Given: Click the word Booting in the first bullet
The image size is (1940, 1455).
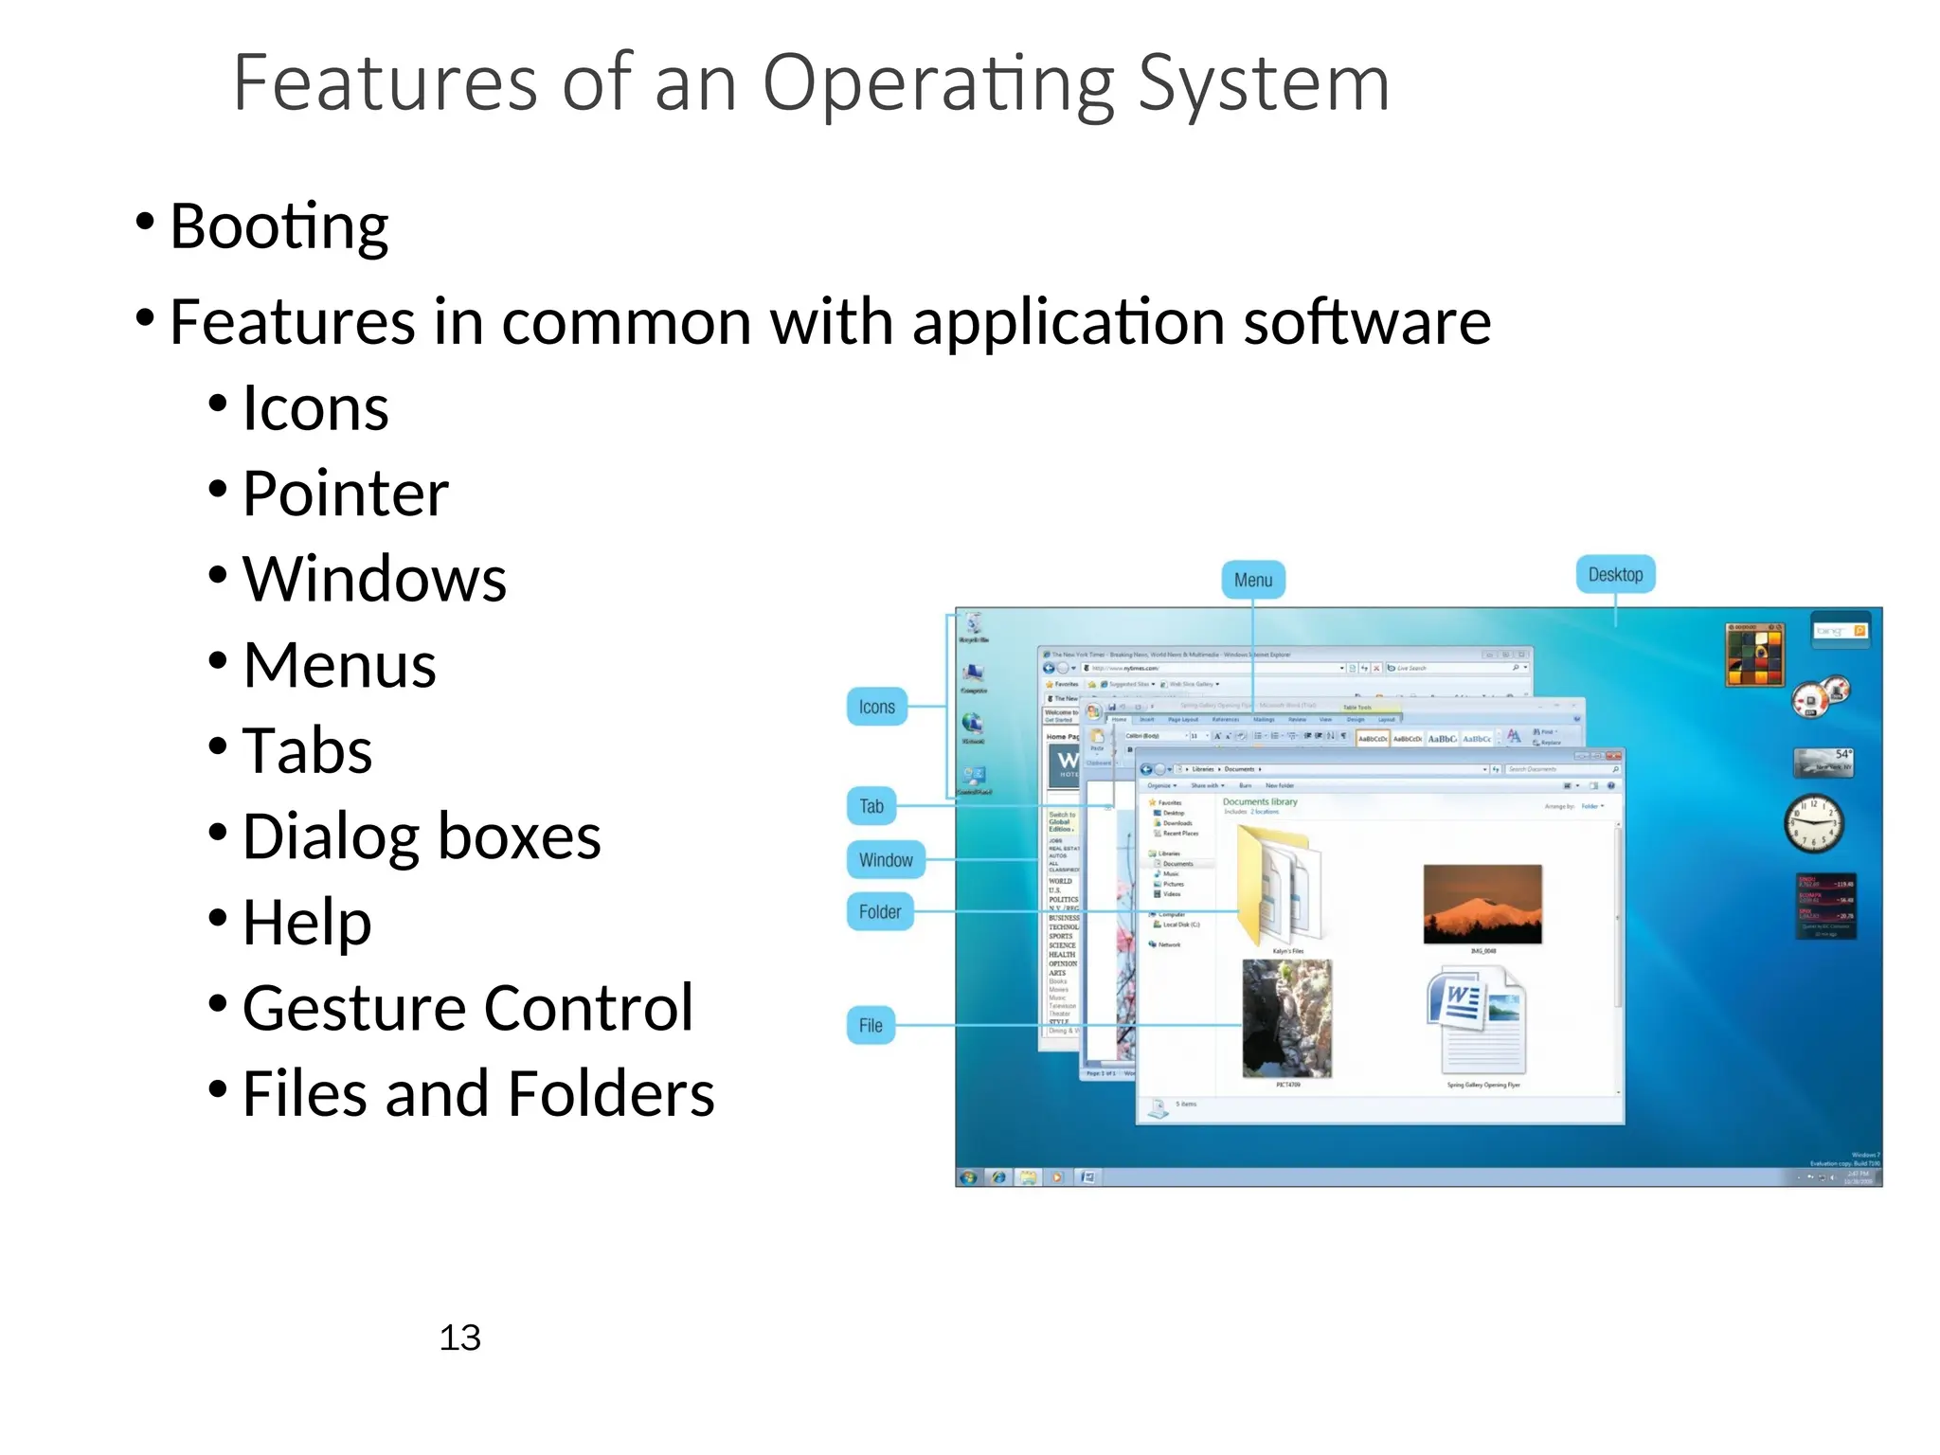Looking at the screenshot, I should point(278,227).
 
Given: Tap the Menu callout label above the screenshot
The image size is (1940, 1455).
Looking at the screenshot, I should point(1252,580).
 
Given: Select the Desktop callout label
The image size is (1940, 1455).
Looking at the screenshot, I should point(1615,574).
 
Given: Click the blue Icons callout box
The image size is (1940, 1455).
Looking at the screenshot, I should point(876,707).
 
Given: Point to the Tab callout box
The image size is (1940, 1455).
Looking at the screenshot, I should point(871,806).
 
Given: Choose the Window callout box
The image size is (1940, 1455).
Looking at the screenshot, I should point(885,860).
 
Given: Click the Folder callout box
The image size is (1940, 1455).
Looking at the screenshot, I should point(879,911).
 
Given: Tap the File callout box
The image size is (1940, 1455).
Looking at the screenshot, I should point(870,1025).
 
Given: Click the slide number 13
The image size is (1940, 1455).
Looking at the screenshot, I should point(459,1338).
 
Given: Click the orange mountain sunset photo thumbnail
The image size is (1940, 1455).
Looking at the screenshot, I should point(1482,903).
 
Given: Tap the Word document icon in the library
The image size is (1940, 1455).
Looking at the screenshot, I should point(1475,1020).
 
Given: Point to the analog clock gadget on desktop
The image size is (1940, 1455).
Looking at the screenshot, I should point(1813,822).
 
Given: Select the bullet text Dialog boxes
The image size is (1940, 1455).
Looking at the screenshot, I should point(422,836).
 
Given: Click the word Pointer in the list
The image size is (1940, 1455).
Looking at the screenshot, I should point(345,494).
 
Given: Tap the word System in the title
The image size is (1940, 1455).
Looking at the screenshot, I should point(1263,83).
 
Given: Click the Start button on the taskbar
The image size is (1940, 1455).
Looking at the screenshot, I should point(968,1177).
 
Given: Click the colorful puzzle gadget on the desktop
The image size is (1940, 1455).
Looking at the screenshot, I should point(1754,655).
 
